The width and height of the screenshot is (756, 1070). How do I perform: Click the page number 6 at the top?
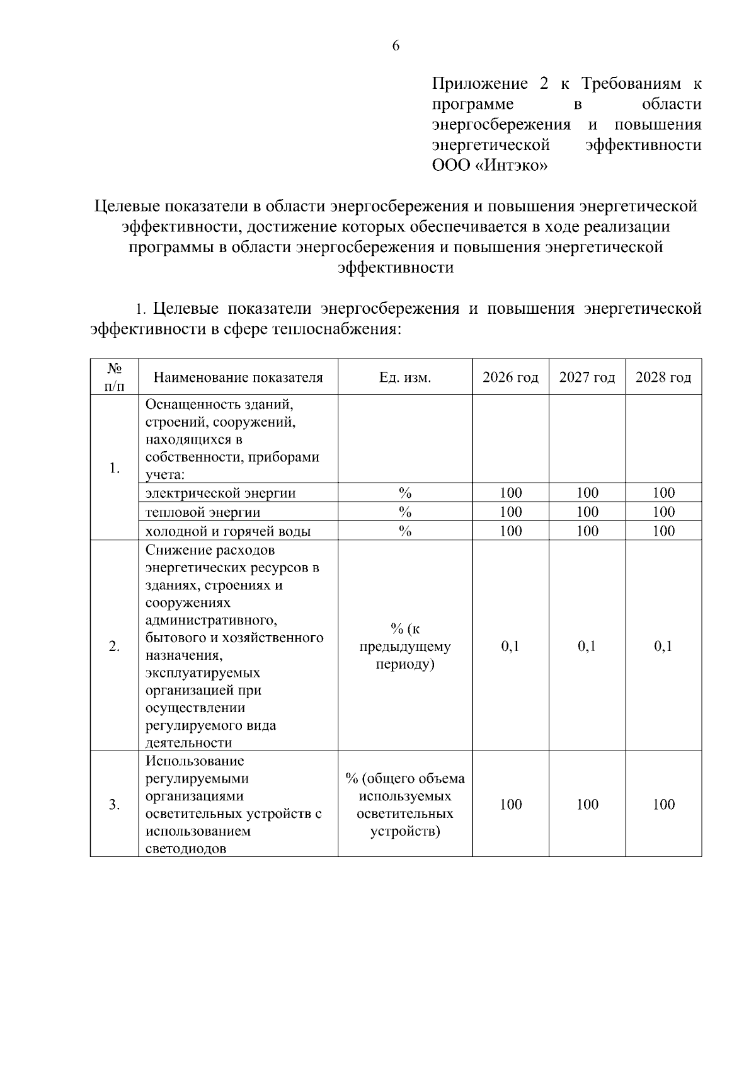(396, 46)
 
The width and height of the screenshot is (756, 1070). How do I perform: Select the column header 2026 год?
(510, 377)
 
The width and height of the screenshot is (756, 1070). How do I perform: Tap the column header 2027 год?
(587, 377)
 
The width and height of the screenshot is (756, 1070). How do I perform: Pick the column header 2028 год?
(663, 377)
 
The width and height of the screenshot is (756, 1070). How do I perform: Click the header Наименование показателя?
(238, 377)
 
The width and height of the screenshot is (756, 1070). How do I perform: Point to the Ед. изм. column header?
(404, 377)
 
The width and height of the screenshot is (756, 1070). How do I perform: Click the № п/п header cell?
(114, 377)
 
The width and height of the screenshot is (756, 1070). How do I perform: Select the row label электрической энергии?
(220, 493)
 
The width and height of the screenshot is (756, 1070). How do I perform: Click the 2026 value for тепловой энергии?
(510, 512)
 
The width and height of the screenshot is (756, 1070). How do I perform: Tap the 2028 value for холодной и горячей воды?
(663, 531)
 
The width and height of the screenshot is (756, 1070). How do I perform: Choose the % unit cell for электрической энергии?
(404, 493)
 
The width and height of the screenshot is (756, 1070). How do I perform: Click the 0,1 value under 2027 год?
(587, 646)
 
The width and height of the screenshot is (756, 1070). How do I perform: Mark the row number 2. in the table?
(114, 646)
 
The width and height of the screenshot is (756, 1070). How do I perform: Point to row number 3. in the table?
(114, 804)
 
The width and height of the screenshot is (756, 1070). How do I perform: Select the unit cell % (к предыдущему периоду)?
(404, 646)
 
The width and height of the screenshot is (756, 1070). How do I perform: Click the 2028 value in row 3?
(663, 804)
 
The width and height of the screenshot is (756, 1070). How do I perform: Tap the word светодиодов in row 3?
(185, 848)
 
